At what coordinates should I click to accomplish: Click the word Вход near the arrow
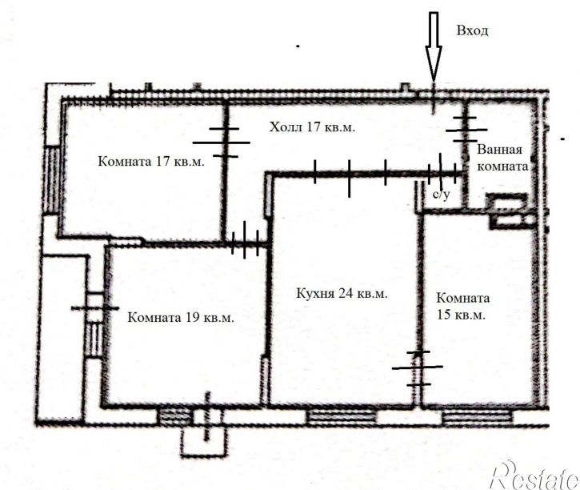(x=472, y=30)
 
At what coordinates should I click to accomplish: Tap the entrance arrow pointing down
(x=433, y=47)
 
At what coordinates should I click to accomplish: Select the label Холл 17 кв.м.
(x=312, y=127)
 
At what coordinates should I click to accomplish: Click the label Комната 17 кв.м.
(x=151, y=162)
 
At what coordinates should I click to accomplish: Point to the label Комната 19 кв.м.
(x=181, y=318)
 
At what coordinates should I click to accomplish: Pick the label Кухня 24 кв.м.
(x=342, y=294)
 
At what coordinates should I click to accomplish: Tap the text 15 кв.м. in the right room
(x=461, y=315)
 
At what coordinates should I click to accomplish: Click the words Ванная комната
(x=502, y=158)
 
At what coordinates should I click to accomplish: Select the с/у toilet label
(x=442, y=195)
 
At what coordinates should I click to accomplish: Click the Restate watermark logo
(x=534, y=476)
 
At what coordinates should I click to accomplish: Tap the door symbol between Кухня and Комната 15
(x=418, y=367)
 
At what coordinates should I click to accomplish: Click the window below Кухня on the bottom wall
(x=341, y=416)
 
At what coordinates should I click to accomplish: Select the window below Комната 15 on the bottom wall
(x=478, y=417)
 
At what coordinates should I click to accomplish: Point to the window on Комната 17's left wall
(x=52, y=179)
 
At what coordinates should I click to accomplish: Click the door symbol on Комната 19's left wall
(x=95, y=308)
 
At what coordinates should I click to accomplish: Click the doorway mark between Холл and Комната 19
(x=245, y=239)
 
